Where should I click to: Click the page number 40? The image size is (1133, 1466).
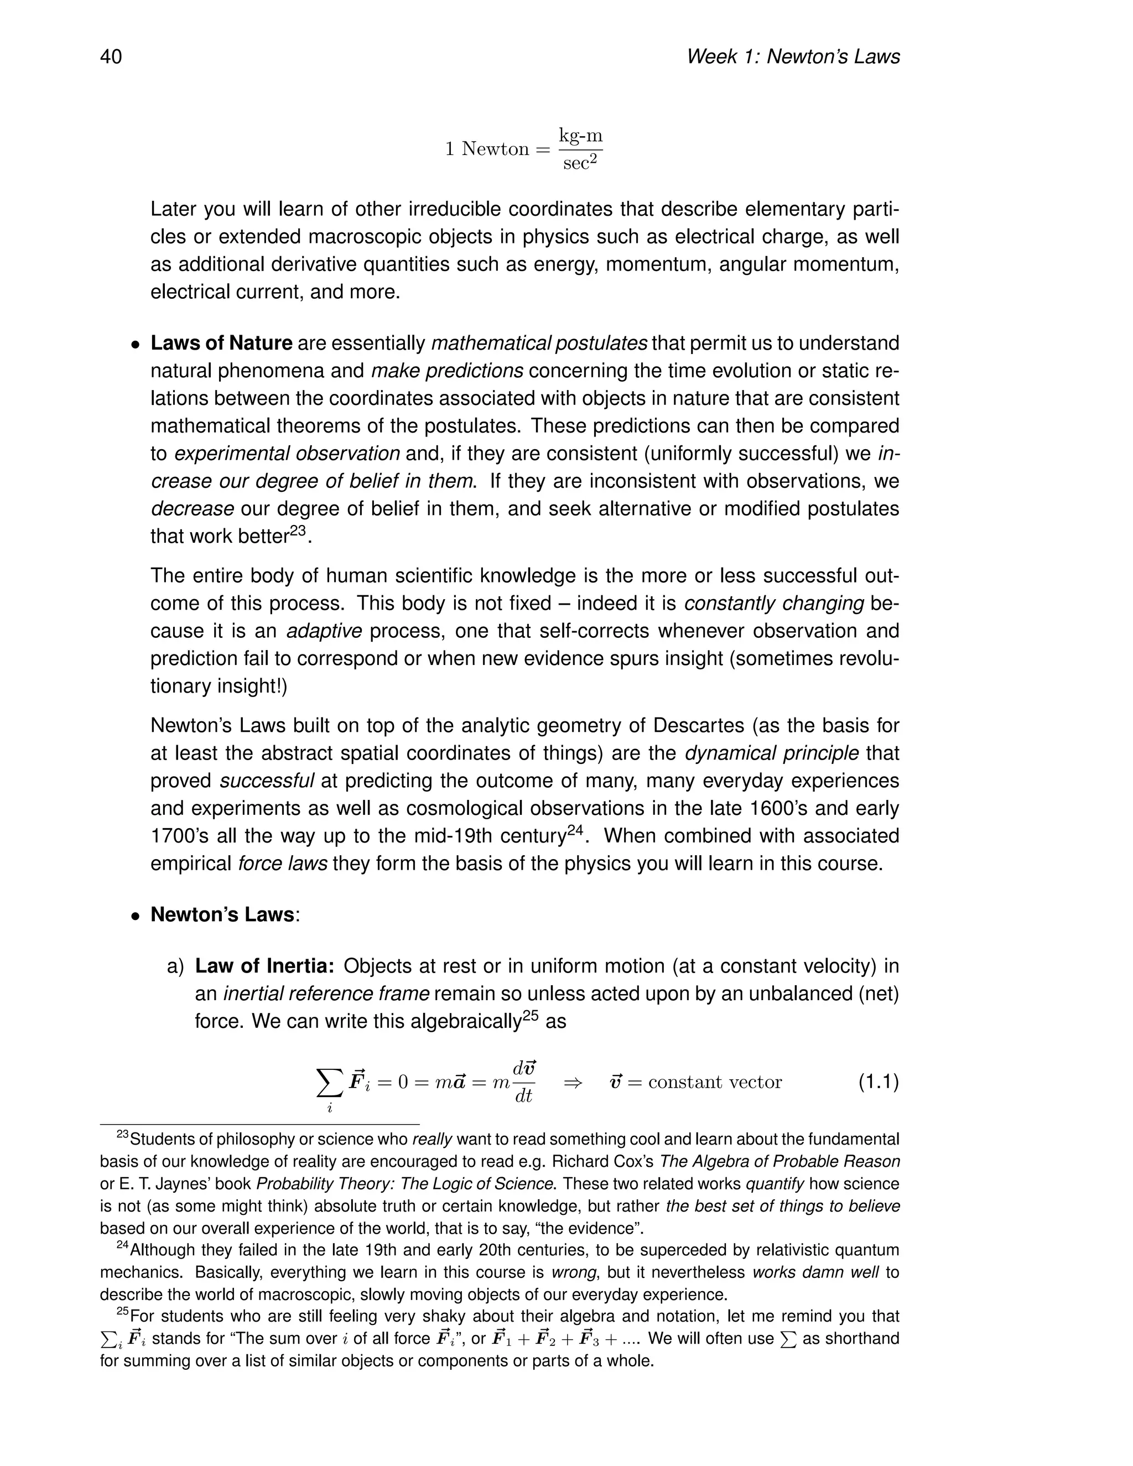tap(111, 56)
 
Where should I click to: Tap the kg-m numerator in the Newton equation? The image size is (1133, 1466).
tap(580, 136)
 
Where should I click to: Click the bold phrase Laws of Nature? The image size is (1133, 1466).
tap(221, 343)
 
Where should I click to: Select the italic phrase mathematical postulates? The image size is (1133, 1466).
tap(539, 343)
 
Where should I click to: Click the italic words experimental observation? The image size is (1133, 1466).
tap(287, 454)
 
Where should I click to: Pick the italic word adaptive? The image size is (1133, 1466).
tap(324, 631)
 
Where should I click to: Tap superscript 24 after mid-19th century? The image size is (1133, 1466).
tap(576, 830)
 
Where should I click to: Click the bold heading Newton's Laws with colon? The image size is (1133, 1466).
tap(225, 915)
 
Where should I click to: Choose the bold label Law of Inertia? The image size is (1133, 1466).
tap(264, 966)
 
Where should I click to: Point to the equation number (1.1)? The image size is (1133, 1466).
tap(878, 1082)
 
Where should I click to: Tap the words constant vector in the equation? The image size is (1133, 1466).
tap(715, 1083)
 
